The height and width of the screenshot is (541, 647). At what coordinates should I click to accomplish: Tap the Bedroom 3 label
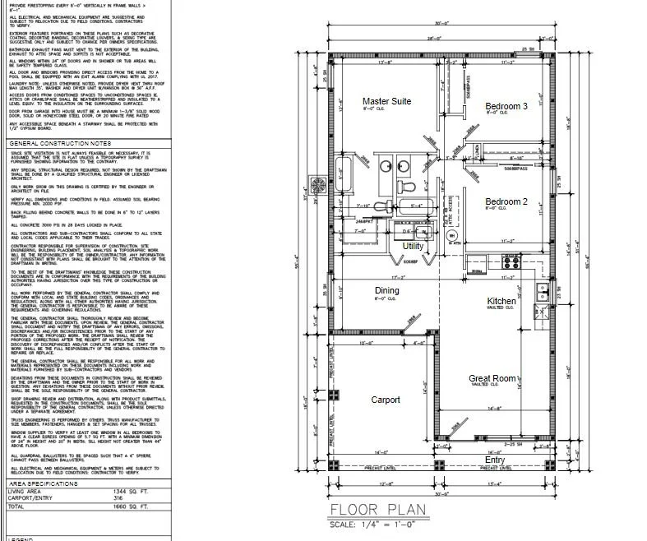506,106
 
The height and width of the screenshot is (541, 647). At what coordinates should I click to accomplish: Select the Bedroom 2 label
506,201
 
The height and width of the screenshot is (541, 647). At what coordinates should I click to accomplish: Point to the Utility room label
414,246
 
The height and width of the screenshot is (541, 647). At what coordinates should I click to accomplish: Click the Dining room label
386,290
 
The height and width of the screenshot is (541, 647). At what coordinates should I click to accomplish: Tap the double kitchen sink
540,289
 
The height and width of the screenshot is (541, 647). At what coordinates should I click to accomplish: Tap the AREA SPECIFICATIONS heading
42,485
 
